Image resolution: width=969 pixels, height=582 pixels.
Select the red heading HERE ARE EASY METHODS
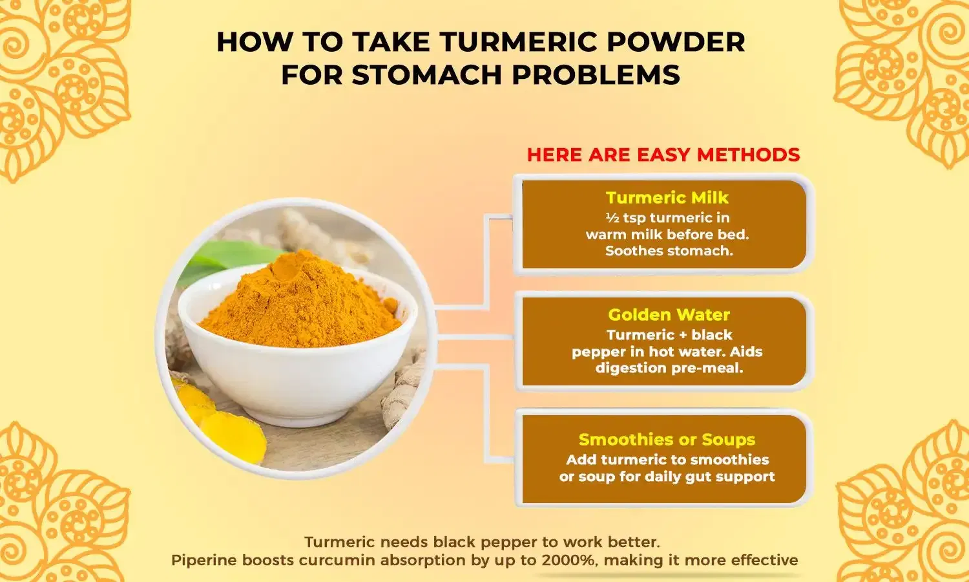tap(663, 155)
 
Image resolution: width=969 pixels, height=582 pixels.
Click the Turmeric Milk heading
tap(667, 198)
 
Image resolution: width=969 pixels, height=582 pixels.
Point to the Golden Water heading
tap(669, 315)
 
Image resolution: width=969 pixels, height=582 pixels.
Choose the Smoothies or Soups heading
tap(667, 440)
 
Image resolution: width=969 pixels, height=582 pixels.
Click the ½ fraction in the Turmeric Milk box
tap(612, 219)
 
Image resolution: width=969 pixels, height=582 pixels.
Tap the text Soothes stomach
tap(669, 251)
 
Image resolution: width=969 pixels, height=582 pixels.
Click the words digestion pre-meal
tap(669, 369)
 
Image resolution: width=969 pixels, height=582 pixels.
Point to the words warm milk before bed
tap(667, 235)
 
